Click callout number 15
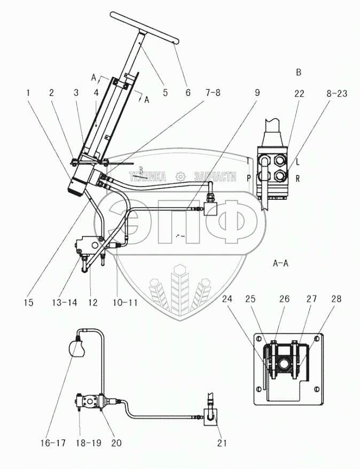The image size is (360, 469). [29, 302]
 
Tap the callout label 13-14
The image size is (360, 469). [64, 302]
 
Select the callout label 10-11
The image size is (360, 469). [126, 302]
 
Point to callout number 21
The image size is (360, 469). [222, 443]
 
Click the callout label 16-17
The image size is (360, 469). [53, 443]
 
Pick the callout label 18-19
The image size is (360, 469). [89, 443]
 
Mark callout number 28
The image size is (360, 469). [336, 299]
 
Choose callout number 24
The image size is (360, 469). [227, 299]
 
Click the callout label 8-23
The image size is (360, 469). [336, 93]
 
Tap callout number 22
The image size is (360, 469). [299, 93]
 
